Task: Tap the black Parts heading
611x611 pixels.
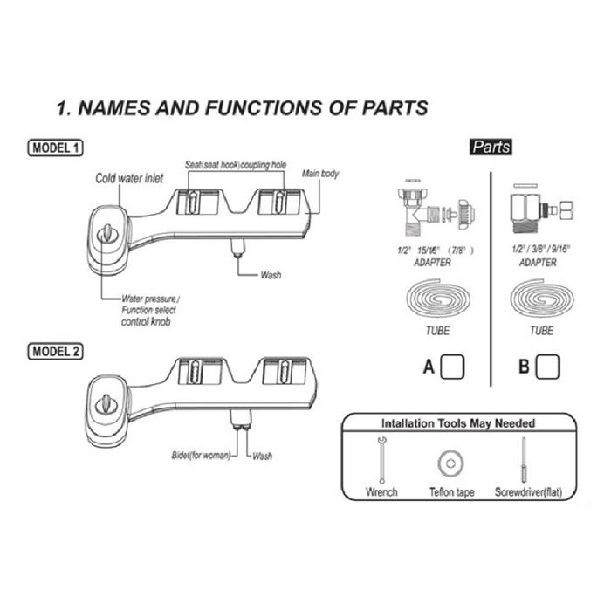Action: (x=491, y=148)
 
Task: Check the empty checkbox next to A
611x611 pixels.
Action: (x=452, y=367)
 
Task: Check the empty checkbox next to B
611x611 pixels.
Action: (x=546, y=367)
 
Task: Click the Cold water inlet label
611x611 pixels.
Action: (x=129, y=178)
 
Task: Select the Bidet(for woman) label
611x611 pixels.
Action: (x=199, y=456)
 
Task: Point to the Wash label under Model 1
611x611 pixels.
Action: (x=271, y=275)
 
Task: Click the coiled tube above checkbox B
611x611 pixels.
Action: (x=541, y=301)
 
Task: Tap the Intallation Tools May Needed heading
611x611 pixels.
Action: (x=457, y=423)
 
